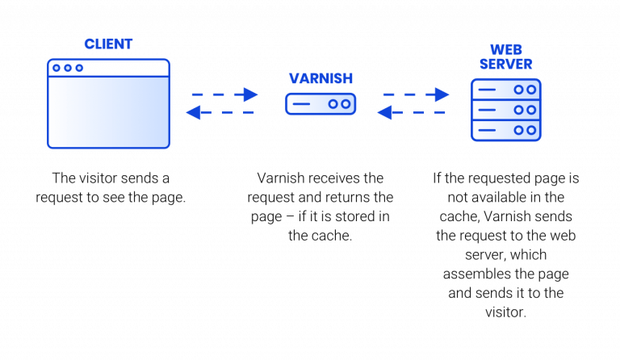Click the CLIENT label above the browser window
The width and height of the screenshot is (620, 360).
(x=108, y=44)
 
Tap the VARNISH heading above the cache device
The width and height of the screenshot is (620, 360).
(x=320, y=78)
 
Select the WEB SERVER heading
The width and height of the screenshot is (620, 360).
(x=506, y=56)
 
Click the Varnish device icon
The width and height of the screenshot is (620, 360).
(x=320, y=104)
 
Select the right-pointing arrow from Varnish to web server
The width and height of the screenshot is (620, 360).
(x=414, y=94)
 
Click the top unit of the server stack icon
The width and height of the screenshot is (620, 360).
(x=506, y=89)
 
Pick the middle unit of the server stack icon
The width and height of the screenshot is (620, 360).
(x=506, y=109)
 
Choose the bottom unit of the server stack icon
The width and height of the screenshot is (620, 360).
(x=506, y=128)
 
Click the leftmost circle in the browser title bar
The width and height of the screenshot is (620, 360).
(x=57, y=68)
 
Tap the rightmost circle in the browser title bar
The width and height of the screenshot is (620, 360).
(x=79, y=68)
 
